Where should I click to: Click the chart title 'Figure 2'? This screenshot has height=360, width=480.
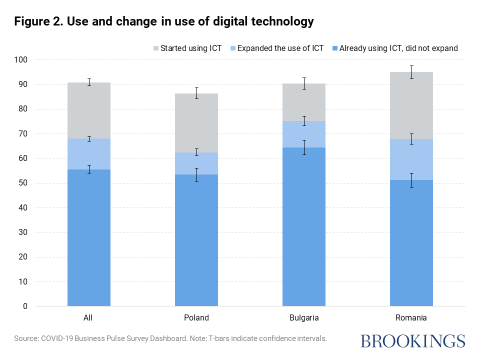pos(164,21)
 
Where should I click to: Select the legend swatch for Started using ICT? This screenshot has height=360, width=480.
pos(155,48)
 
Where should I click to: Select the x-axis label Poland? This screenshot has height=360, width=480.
pos(196,317)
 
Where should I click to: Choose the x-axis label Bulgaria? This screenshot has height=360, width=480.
pos(304,317)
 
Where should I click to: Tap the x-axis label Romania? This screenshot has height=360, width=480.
pos(411,317)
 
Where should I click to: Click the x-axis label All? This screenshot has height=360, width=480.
pos(88,317)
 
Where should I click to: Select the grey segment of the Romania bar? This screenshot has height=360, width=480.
pos(411,105)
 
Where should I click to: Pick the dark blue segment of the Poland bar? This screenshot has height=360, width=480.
pos(196,240)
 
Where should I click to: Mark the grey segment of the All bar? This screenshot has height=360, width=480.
pos(89,110)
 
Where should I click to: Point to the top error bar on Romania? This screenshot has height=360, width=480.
pos(411,72)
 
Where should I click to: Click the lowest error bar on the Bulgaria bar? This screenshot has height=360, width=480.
pos(304,147)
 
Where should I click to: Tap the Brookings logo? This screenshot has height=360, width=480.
pos(413,341)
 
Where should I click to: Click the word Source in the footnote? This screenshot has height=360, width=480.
pos(26,338)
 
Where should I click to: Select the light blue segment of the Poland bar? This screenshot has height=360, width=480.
pos(196,163)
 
